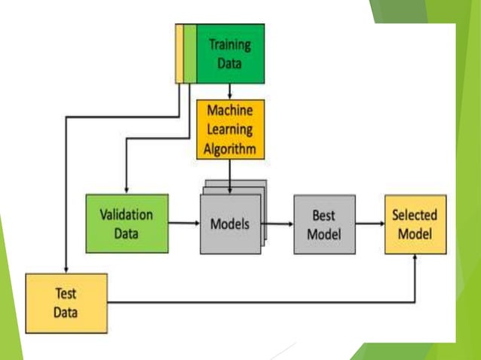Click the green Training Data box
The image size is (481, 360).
tap(229, 53)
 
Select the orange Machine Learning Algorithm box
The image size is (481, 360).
tap(230, 129)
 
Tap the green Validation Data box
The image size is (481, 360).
tap(127, 223)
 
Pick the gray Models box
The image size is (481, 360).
tap(229, 224)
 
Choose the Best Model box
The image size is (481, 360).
tap(324, 224)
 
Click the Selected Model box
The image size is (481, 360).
tap(415, 224)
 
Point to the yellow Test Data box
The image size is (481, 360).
tap(66, 303)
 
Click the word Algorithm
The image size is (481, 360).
tap(230, 148)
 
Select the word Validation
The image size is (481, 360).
tap(127, 214)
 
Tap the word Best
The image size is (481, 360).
tap(324, 215)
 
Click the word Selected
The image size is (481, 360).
tap(415, 215)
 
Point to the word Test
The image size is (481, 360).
tap(66, 294)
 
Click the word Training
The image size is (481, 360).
tap(230, 44)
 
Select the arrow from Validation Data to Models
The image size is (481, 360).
tap(184, 223)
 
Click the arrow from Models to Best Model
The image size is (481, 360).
tap(277, 224)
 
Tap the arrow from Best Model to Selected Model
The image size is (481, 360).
tap(369, 224)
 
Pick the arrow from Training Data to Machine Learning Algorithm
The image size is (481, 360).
tap(229, 91)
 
